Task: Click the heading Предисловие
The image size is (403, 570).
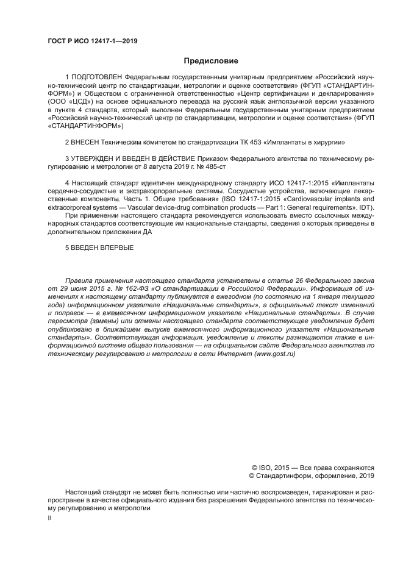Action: point(210,61)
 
